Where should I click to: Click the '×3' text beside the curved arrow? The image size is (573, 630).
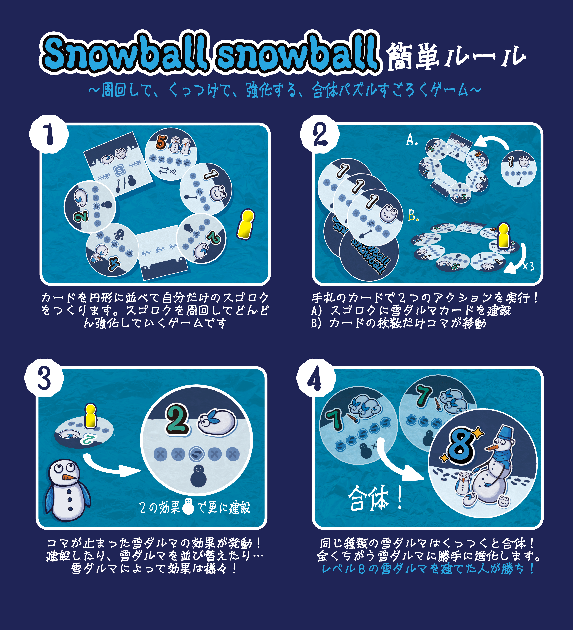[x=528, y=266]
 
